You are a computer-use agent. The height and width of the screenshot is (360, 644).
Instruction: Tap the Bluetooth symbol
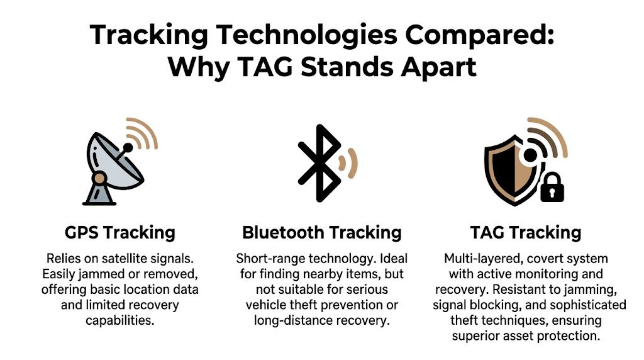[x=319, y=163]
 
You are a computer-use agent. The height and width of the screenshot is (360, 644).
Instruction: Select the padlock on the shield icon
[x=552, y=187]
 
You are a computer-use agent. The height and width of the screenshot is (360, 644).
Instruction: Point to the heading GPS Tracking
[x=120, y=232]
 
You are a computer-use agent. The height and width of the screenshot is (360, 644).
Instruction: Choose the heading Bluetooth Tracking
[x=321, y=232]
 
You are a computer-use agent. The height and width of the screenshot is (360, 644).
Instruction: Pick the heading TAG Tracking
[x=526, y=232]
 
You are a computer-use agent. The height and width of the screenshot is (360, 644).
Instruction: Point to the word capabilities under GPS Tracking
[x=120, y=320]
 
